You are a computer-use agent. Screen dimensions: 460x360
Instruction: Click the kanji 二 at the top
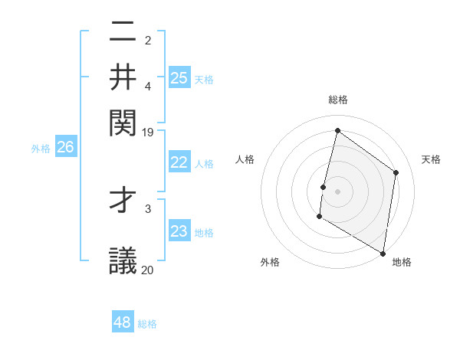coord(123,34)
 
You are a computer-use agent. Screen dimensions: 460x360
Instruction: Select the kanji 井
coord(123,77)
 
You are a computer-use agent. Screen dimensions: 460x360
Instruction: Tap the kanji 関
coord(123,120)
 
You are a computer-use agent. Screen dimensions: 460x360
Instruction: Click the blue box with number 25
coord(179,77)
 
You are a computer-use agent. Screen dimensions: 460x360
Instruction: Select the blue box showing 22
coord(179,162)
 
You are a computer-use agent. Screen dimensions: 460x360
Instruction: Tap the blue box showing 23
coord(179,231)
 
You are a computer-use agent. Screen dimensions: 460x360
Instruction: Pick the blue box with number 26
coord(66,148)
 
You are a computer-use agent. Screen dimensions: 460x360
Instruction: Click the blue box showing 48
coord(123,322)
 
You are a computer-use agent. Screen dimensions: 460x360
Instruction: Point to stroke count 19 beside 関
coord(148,132)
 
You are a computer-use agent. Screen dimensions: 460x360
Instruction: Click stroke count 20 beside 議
coord(148,269)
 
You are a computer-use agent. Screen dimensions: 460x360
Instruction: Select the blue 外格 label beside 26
coord(41,149)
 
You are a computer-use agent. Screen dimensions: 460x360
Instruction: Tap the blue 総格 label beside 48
coord(147,324)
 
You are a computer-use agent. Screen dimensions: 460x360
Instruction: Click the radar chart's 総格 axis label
coord(338,100)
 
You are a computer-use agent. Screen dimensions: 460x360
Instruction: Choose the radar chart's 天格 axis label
coord(431,159)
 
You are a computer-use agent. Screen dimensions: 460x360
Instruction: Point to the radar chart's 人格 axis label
coord(245,159)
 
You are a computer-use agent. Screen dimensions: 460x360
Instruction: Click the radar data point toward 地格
coord(383,253)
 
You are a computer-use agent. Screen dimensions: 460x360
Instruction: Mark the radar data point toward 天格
coord(396,172)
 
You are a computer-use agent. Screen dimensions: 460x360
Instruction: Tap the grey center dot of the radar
coord(337,191)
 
